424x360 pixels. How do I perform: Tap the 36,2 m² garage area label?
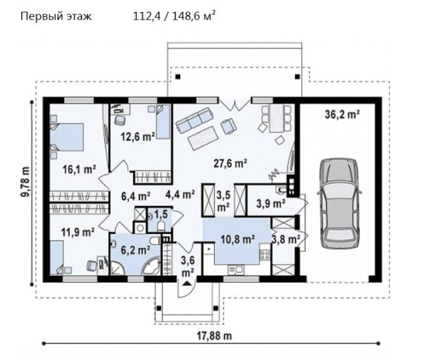pos(342,115)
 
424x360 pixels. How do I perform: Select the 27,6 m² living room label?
pos(230,163)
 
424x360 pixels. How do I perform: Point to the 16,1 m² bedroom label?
pos(79,170)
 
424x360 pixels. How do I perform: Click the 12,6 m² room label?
pos(138,137)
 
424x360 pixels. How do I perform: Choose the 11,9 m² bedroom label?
pos(78,232)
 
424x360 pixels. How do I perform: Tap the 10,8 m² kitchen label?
pos(237,239)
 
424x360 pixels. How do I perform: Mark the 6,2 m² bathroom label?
pos(136,250)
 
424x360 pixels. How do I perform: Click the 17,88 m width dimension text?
pos(214,336)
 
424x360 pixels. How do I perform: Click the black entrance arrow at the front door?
pos(187,283)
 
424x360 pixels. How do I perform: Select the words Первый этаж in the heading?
pos(56,16)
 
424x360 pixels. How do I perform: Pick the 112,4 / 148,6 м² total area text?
pos(174,16)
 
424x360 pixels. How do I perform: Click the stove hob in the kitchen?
pos(265,255)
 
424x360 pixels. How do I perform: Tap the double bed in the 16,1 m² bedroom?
pos(67,137)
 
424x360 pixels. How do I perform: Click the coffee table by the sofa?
pos(204,138)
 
